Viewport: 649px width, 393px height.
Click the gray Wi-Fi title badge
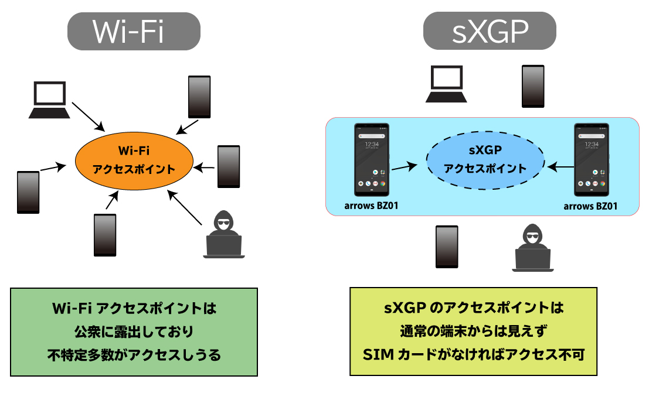[134, 31]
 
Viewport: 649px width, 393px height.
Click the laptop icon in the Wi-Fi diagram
[50, 100]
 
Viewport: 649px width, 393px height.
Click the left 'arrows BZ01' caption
[372, 206]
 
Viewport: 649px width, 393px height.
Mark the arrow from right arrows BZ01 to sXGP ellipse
[561, 168]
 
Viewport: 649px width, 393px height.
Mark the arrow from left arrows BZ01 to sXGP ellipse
[404, 168]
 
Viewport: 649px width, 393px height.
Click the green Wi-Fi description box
[134, 331]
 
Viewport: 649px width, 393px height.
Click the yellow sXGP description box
[473, 331]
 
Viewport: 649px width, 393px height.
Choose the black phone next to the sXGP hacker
[446, 247]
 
